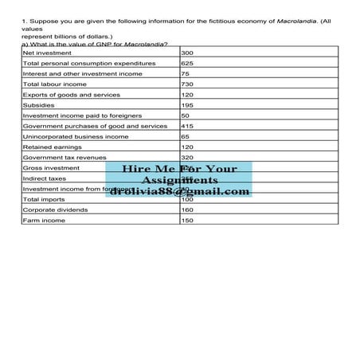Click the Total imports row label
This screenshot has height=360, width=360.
pyautogui.click(x=44, y=199)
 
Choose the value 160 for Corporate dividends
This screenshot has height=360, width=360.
pyautogui.click(x=188, y=209)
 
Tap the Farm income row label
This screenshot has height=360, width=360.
pyautogui.click(x=41, y=220)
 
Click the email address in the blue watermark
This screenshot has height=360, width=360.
pyautogui.click(x=180, y=191)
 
